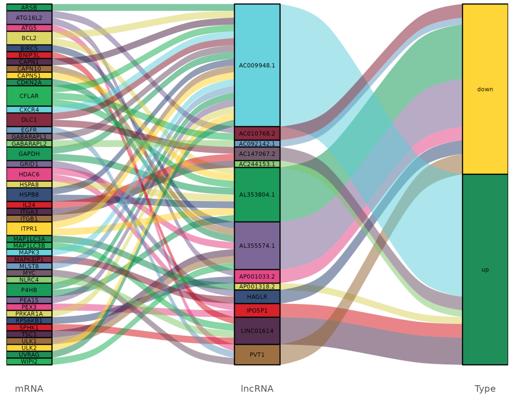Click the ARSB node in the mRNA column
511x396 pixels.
point(29,8)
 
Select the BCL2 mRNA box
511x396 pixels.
point(29,38)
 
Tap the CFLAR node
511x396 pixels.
point(29,96)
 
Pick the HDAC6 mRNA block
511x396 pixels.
point(29,174)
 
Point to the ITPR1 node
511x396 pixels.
point(29,228)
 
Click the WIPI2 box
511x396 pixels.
point(29,362)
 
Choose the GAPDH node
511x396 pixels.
point(29,154)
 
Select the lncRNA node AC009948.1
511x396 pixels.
point(257,65)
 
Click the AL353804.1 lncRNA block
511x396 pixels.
point(257,194)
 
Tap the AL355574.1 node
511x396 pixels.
point(257,245)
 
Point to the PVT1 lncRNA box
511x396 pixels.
point(257,354)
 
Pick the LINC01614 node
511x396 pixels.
point(257,330)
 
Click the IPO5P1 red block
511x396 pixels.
point(257,311)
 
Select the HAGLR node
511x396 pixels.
point(257,297)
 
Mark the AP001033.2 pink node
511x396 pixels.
point(257,276)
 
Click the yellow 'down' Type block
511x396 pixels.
point(485,89)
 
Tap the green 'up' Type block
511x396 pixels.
point(485,270)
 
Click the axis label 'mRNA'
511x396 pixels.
point(29,389)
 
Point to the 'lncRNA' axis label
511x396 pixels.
point(257,389)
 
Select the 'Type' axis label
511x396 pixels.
point(485,389)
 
